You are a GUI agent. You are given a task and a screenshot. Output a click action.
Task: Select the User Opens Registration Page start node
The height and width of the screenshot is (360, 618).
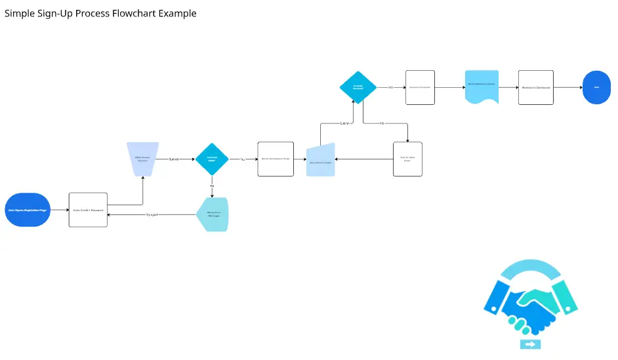click(28, 210)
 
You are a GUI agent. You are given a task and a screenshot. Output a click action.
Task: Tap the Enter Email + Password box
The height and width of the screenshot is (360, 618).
click(88, 210)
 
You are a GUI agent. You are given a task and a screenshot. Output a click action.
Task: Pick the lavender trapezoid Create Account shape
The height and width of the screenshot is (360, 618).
click(141, 159)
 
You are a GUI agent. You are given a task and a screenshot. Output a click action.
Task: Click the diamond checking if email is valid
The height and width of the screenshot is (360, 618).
click(212, 159)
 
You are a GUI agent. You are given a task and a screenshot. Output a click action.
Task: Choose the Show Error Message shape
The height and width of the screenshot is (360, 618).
click(213, 214)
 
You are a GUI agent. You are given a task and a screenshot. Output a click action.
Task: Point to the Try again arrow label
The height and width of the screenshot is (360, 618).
click(152, 214)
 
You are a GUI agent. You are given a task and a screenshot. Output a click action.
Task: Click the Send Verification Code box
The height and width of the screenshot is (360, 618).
click(275, 159)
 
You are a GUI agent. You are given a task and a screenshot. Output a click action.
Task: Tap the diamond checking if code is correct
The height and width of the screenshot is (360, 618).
click(358, 87)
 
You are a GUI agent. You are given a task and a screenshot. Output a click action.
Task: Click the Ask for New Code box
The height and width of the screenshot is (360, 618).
click(407, 159)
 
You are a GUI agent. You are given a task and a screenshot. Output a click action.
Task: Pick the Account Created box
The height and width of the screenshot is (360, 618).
click(420, 87)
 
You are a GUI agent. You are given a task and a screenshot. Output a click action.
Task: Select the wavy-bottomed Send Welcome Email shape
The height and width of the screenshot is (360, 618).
click(482, 86)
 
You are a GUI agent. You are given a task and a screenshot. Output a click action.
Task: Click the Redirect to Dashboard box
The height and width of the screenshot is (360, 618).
click(535, 87)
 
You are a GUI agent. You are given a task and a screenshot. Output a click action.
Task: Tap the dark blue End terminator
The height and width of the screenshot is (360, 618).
click(596, 87)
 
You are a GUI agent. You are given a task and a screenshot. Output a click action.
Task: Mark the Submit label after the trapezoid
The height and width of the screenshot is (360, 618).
click(174, 159)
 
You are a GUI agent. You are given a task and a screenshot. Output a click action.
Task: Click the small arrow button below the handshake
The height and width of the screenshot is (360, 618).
click(530, 344)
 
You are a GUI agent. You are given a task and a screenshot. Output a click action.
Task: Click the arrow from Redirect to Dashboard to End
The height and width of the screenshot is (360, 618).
click(567, 87)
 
